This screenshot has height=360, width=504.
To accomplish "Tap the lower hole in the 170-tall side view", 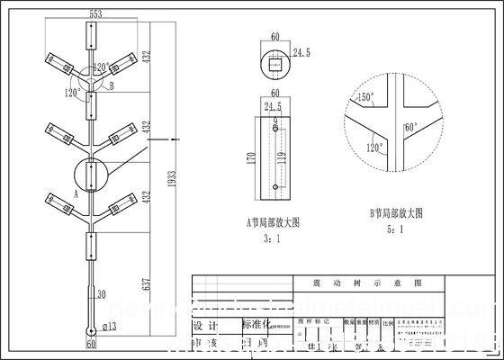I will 274,187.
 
